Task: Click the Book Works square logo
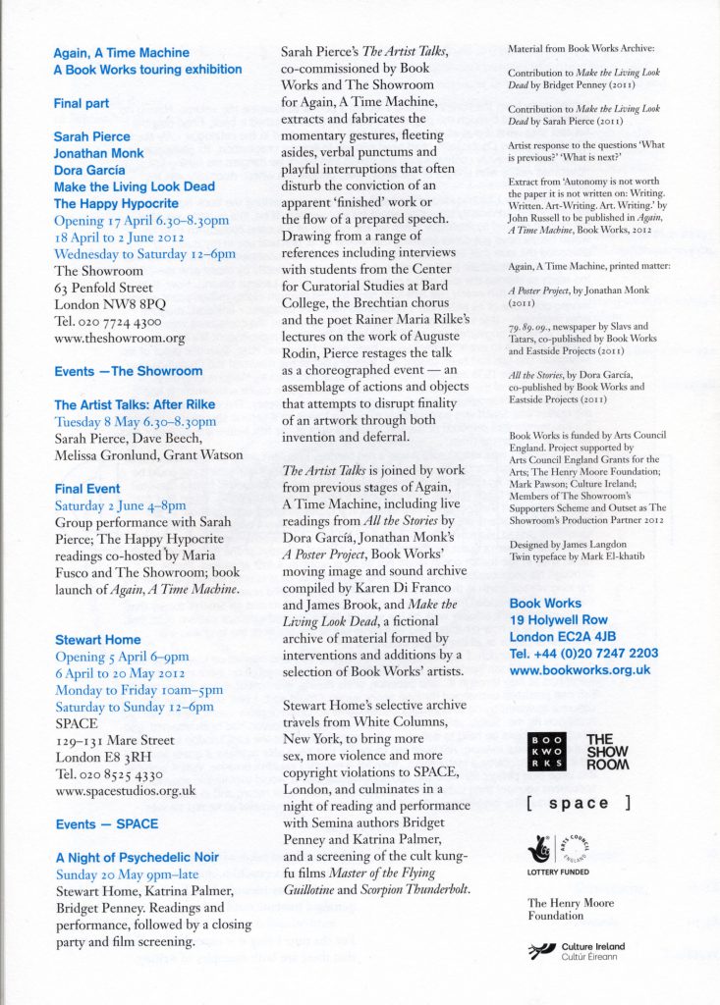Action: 546,750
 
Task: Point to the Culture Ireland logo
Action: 576,950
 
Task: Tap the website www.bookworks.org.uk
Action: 580,670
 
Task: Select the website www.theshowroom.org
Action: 119,338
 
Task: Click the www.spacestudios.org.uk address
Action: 125,790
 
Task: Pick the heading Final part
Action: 81,103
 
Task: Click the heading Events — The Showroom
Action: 128,371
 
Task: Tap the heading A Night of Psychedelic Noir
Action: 137,858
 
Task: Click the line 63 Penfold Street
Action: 103,288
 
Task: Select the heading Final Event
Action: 87,489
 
